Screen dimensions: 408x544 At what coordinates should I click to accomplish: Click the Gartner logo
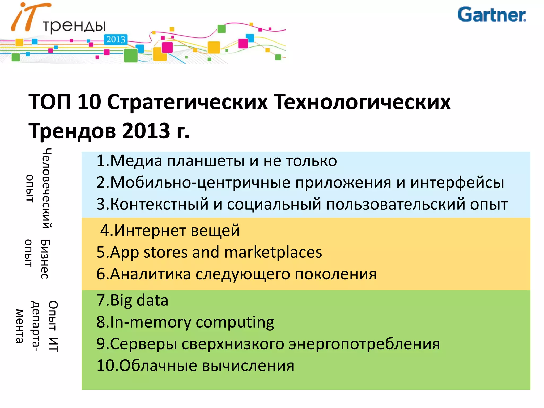pos(491,15)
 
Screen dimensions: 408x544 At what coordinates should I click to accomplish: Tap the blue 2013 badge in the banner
pos(116,40)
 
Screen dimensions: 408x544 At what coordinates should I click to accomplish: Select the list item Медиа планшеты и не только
pos(216,161)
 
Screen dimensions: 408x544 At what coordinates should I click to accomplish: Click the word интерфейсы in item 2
pos(457,183)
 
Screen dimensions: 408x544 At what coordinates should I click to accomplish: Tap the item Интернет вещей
pos(170,230)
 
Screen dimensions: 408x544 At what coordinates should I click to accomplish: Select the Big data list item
pos(132,300)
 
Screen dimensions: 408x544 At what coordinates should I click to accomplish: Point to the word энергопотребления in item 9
pos(364,344)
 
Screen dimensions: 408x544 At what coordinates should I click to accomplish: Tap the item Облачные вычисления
pos(195,366)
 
